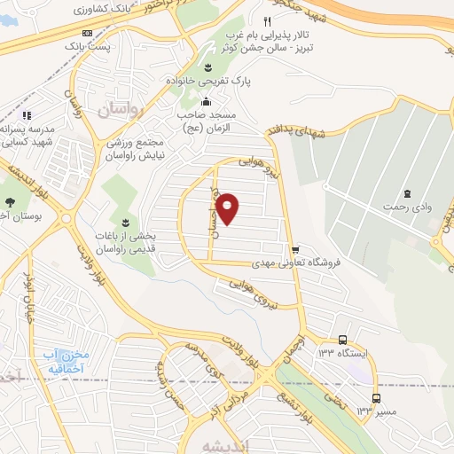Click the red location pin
(x=228, y=208)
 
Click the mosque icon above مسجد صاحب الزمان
(x=207, y=99)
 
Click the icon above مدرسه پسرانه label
(x=27, y=114)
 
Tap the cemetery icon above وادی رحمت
(x=406, y=193)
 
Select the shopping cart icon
(x=294, y=249)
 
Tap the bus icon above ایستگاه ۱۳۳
(x=342, y=340)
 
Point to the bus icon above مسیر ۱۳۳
(x=376, y=398)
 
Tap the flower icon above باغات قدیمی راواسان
(x=124, y=220)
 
